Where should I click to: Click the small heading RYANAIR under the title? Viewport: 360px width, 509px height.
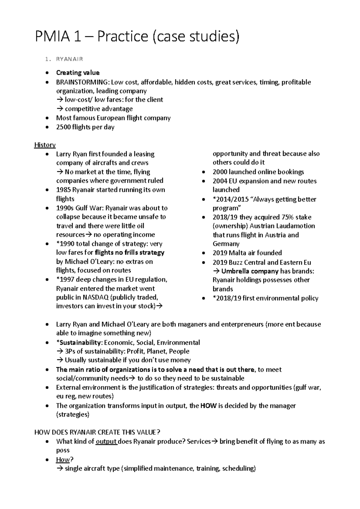point(69,59)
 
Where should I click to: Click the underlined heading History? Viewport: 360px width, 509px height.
point(45,145)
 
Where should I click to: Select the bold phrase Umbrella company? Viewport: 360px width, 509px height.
point(250,271)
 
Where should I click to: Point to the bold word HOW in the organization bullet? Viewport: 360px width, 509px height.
point(208,406)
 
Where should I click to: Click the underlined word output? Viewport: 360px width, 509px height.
point(106,441)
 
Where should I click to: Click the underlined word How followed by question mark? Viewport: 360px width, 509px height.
point(63,460)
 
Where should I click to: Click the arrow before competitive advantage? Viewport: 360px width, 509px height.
point(59,109)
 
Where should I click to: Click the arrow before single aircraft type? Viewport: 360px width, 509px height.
point(59,469)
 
